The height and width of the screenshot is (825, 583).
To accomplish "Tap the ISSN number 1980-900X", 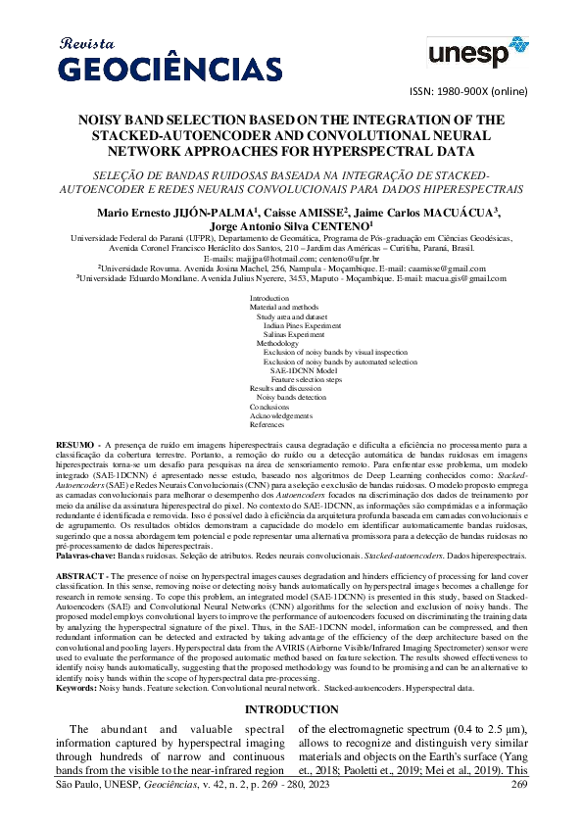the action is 450,92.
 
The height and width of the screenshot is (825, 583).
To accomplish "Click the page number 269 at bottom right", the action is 519,811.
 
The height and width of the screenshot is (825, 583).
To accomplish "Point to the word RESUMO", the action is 76,444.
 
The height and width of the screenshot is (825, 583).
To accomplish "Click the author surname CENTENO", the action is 336,225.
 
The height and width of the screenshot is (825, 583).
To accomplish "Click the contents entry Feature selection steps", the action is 306,379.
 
